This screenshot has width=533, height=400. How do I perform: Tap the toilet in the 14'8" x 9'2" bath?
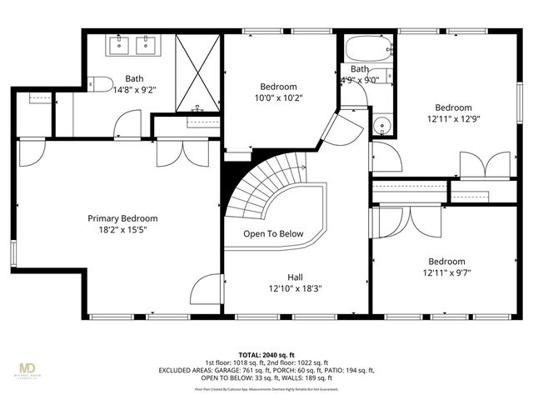[100, 82]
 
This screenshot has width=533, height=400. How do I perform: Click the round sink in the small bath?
[382, 127]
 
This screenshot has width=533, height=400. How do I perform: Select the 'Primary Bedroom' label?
[122, 218]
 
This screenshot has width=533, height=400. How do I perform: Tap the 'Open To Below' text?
[273, 234]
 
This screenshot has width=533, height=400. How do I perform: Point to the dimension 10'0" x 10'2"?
[278, 97]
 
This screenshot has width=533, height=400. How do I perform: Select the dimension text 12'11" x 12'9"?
[454, 118]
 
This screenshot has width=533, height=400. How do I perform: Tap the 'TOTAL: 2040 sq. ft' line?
[266, 354]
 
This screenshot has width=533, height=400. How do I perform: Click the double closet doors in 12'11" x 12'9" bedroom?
[483, 163]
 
